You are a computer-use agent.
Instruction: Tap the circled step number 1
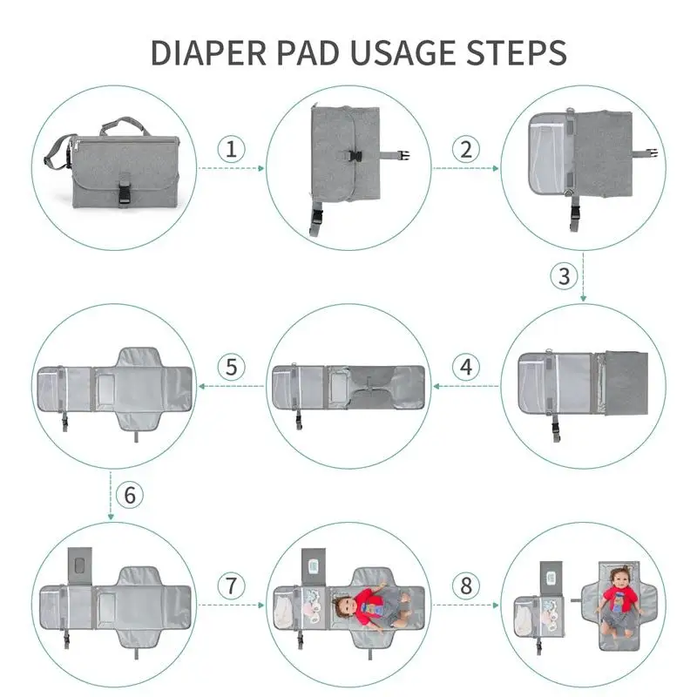[231, 148]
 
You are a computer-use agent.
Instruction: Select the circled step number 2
[466, 148]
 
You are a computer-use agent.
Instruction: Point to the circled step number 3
[564, 277]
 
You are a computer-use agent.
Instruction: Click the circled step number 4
[466, 367]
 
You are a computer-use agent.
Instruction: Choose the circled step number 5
[231, 367]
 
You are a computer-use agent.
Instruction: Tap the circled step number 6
[130, 496]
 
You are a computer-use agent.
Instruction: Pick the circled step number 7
[231, 585]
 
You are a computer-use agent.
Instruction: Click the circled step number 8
[466, 585]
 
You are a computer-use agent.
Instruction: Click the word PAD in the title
[300, 52]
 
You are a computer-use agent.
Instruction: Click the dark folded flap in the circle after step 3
[625, 383]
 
